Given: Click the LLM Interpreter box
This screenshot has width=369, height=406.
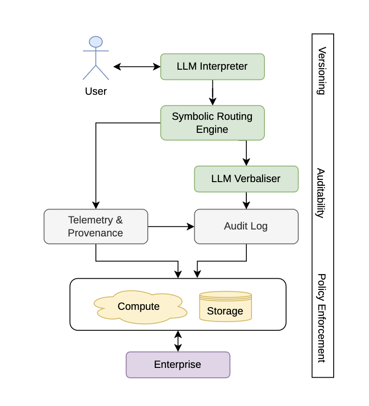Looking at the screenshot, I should (212, 66).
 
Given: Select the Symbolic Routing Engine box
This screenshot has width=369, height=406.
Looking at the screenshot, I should (212, 123).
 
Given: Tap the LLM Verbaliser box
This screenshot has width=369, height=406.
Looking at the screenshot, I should (246, 179).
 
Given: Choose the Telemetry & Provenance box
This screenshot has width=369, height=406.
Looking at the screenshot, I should (96, 226).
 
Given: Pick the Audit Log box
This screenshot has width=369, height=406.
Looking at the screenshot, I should (246, 226).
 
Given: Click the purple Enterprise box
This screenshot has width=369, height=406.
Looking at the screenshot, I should (178, 365).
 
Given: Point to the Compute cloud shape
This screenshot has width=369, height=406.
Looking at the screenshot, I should (139, 307).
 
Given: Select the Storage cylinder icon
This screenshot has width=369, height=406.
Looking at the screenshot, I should (225, 307).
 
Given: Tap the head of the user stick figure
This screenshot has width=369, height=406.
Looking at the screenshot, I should (96, 42).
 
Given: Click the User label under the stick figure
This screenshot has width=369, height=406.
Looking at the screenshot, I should (96, 91).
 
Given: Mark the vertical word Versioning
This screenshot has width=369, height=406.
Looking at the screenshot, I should (321, 71).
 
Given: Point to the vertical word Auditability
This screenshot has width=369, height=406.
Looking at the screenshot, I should (321, 193).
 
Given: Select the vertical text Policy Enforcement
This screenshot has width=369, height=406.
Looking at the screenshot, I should (321, 318).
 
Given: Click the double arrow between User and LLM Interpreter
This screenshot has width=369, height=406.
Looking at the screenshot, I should (137, 66).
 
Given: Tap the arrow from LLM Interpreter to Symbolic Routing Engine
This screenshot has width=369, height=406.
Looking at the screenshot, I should (212, 93).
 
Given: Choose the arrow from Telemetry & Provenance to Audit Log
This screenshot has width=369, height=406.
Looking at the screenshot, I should (171, 226).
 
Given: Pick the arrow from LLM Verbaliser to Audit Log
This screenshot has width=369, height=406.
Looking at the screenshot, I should (246, 201).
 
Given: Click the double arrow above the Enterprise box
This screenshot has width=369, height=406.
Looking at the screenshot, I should (178, 341).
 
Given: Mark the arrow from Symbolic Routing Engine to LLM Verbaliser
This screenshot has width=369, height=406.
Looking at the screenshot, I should (246, 153).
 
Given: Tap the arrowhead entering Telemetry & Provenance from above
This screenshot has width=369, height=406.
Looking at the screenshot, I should (96, 205).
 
